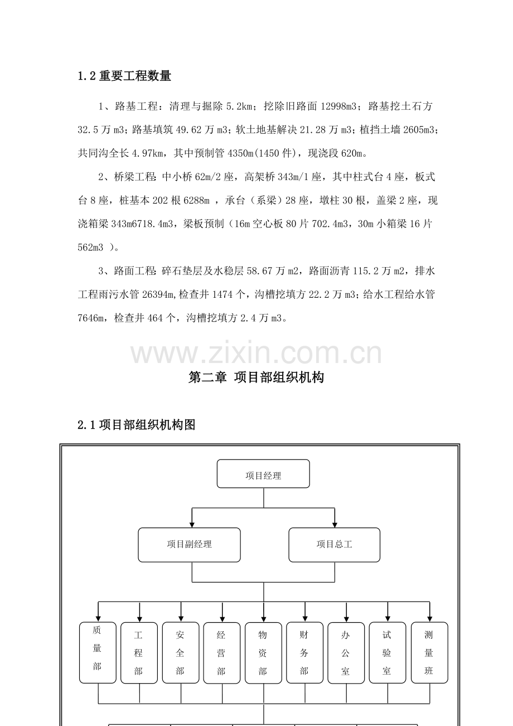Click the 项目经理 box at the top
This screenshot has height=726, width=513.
pyautogui.click(x=263, y=473)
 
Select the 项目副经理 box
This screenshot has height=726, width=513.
pyautogui.click(x=189, y=545)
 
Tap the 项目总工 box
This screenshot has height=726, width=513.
pyautogui.click(x=334, y=545)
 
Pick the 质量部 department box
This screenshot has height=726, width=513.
pyautogui.click(x=98, y=652)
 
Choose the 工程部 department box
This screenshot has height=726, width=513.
pyautogui.click(x=139, y=653)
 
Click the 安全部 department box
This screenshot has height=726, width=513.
pyautogui.click(x=181, y=653)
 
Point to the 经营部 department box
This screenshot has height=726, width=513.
pyautogui.click(x=222, y=653)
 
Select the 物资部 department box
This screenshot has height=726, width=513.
pyautogui.click(x=263, y=653)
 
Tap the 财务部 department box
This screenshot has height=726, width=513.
pyautogui.click(x=304, y=653)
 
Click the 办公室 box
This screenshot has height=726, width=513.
pyautogui.click(x=346, y=653)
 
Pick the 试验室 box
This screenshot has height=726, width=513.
pyautogui.click(x=388, y=653)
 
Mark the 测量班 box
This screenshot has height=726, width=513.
pyautogui.click(x=429, y=653)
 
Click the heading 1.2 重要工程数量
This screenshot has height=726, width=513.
pyautogui.click(x=124, y=76)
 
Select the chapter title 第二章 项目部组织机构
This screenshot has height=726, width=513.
pyautogui.click(x=256, y=377)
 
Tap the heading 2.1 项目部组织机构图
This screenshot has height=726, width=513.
pyautogui.click(x=137, y=424)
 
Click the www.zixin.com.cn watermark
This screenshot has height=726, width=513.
pyautogui.click(x=256, y=352)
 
